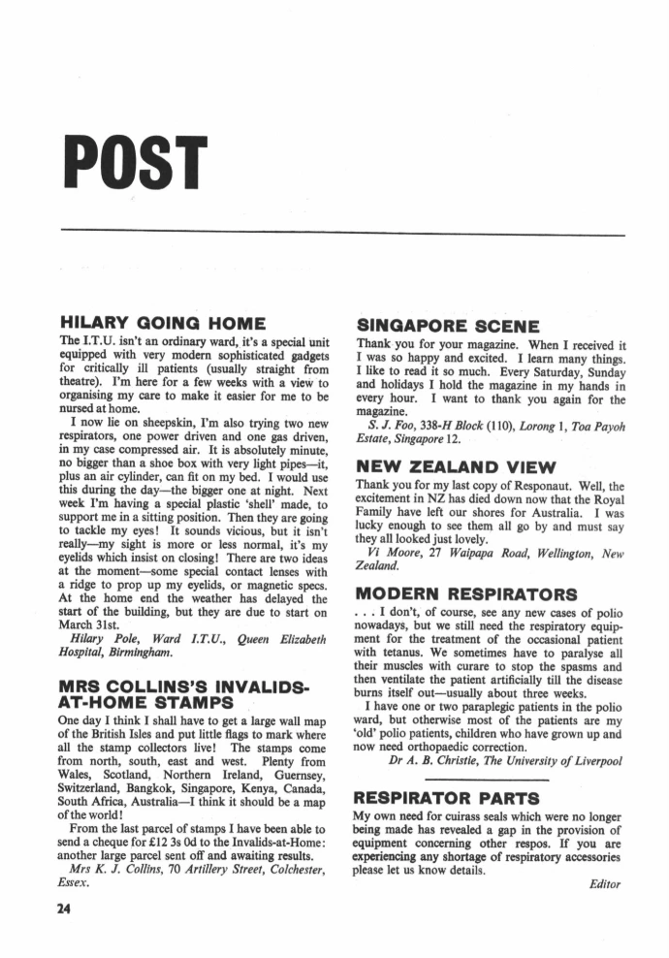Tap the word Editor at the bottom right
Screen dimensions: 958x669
tap(603, 883)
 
